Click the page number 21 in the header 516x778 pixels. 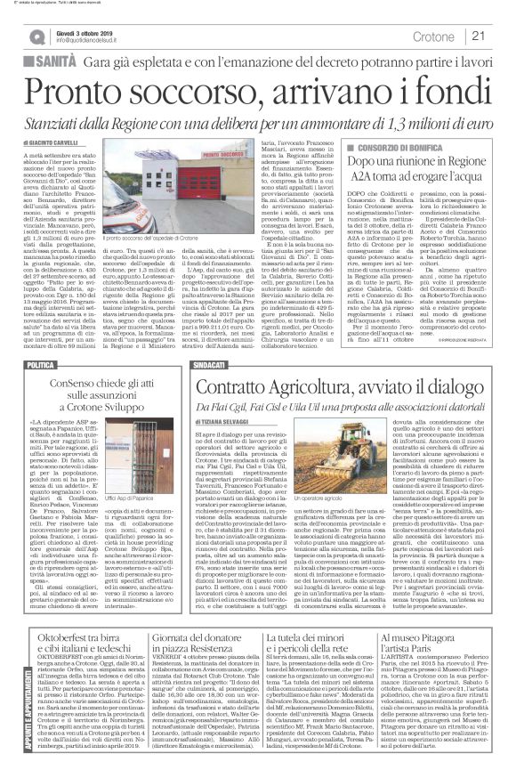478,35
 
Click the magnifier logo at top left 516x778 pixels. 36,36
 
